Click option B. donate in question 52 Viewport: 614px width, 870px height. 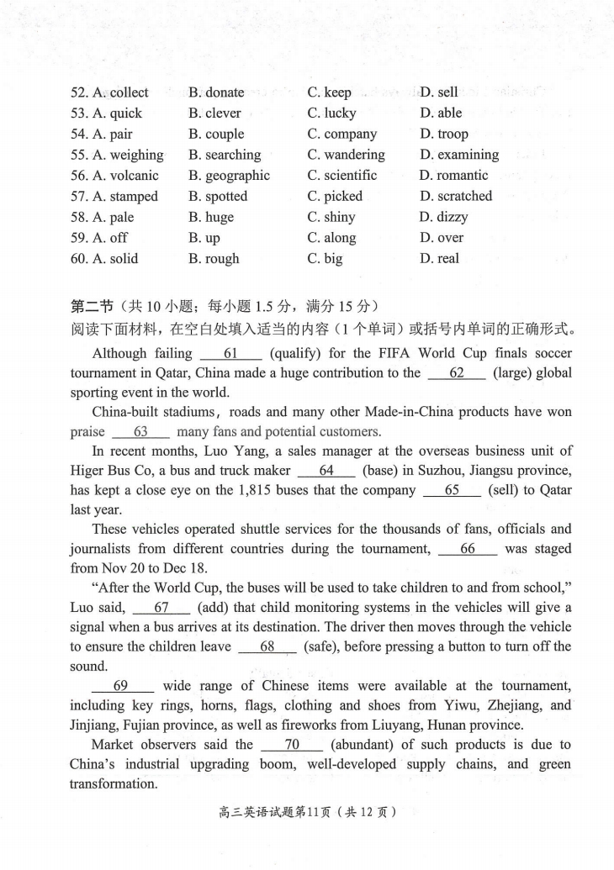[x=216, y=92]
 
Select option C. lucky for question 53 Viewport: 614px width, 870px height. [x=331, y=113]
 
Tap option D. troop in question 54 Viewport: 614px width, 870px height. [x=444, y=134]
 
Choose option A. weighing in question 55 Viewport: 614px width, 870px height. [x=117, y=155]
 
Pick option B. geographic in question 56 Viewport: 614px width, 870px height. [x=229, y=176]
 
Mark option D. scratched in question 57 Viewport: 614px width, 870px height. [x=456, y=197]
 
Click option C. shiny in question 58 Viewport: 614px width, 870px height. [x=331, y=218]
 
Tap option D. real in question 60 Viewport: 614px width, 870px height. [x=439, y=259]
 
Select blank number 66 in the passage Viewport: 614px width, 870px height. [x=468, y=549]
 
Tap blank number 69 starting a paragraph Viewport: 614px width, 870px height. [x=120, y=686]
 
